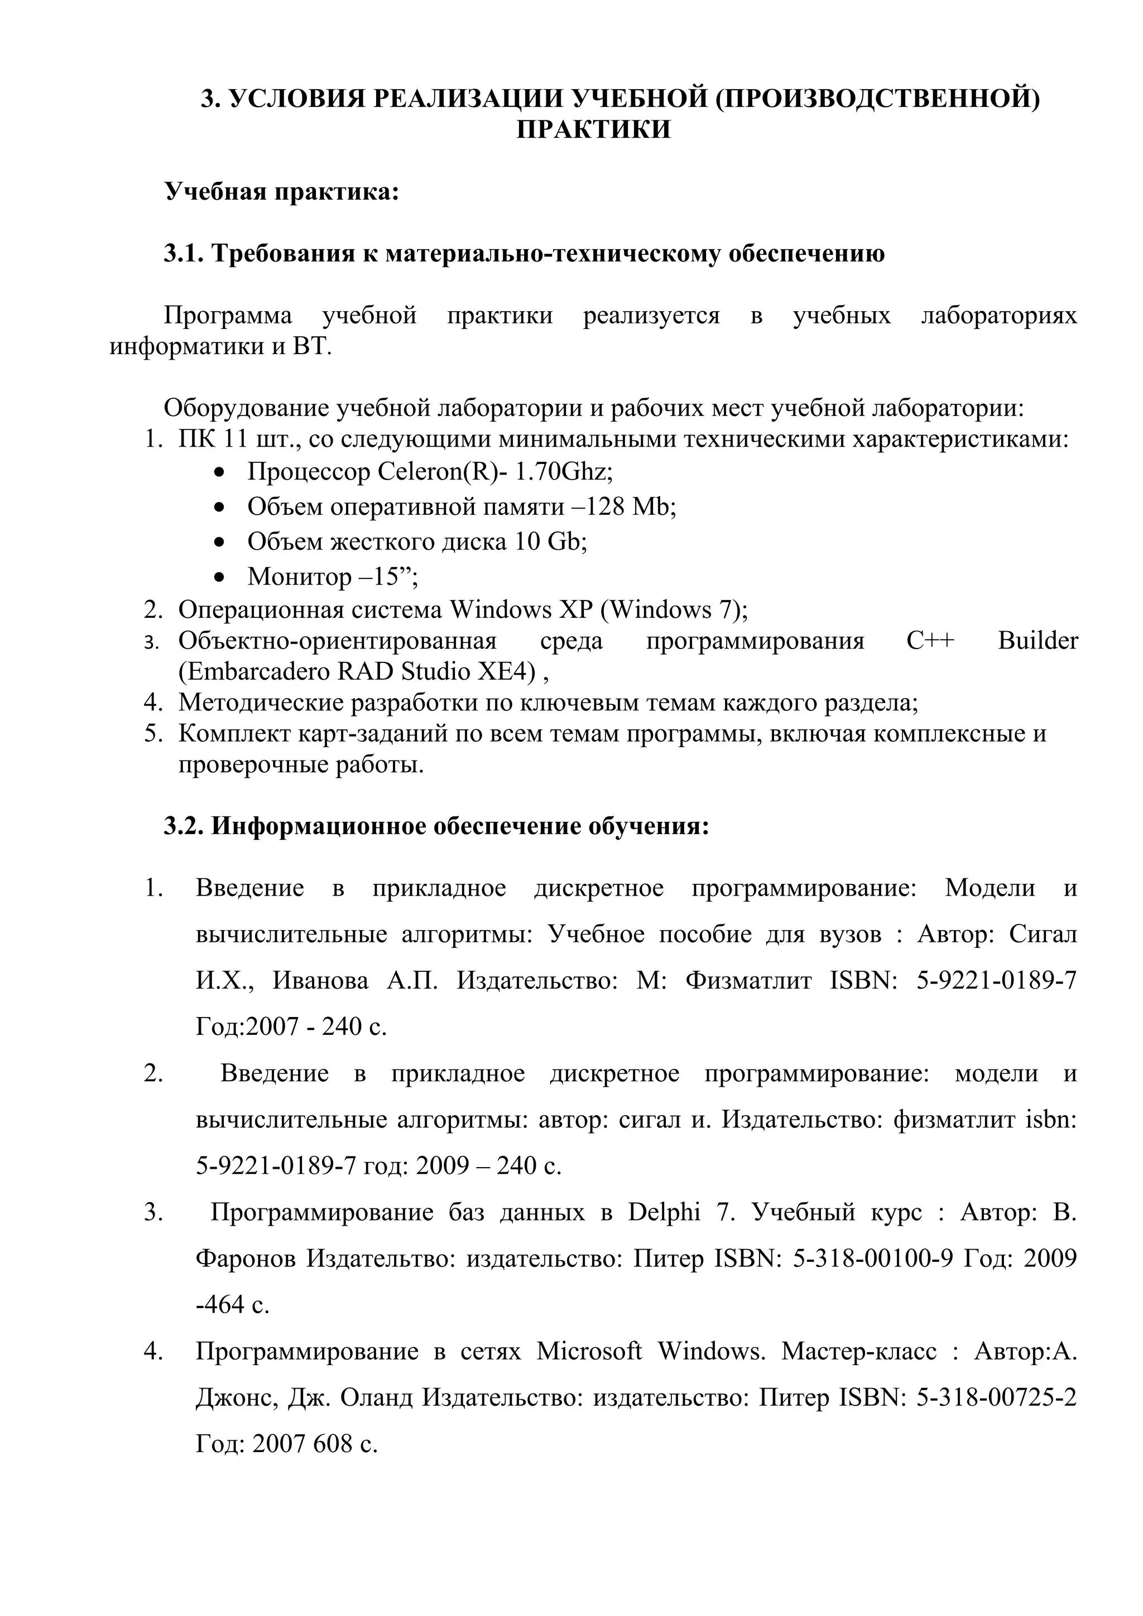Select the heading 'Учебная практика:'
(x=282, y=191)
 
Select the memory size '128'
(x=605, y=506)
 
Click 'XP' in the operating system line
(x=575, y=609)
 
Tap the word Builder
(x=1038, y=641)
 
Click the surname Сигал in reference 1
(x=1043, y=934)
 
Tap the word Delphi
(x=664, y=1212)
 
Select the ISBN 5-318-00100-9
(x=872, y=1258)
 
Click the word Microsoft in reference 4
(x=589, y=1351)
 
